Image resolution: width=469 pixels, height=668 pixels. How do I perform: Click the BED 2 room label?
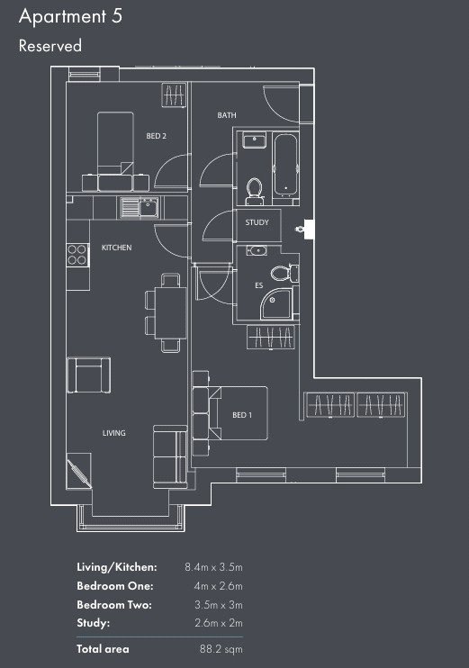(x=156, y=136)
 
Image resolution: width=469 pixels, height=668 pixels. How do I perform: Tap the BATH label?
(x=227, y=115)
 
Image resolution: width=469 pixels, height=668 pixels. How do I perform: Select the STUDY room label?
(x=257, y=222)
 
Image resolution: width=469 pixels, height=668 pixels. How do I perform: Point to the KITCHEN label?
(x=116, y=248)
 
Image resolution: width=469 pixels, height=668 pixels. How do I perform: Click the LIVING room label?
(x=113, y=433)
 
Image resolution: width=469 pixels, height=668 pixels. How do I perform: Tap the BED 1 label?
(x=242, y=414)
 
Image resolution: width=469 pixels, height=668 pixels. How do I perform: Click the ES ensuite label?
(x=259, y=285)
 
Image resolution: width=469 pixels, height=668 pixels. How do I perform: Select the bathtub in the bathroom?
(x=284, y=164)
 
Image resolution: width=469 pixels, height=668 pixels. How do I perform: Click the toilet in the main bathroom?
(x=255, y=191)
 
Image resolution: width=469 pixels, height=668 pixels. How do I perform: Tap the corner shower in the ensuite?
(x=276, y=303)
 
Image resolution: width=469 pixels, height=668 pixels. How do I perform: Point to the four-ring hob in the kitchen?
(x=77, y=255)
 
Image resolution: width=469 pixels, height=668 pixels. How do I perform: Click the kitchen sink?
(x=140, y=208)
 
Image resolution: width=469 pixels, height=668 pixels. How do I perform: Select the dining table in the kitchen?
(x=170, y=313)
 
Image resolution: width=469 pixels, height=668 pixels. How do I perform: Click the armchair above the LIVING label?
(x=89, y=375)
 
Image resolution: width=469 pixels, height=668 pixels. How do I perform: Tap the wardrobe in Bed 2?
(x=175, y=95)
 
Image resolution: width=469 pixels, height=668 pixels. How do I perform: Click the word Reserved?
(x=50, y=46)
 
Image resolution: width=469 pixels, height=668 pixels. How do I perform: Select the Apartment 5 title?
(x=71, y=16)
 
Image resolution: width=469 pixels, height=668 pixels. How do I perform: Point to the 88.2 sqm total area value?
(x=221, y=649)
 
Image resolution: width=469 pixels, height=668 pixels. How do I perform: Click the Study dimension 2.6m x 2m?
(x=219, y=623)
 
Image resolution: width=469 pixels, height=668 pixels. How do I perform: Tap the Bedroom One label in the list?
(x=115, y=586)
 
